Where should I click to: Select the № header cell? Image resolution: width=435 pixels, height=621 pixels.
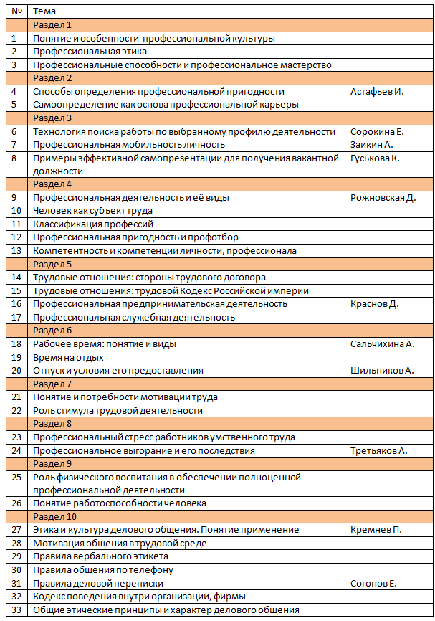15,11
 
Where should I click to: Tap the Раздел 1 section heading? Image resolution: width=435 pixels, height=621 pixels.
52,25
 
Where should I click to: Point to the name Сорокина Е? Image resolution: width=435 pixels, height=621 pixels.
377,131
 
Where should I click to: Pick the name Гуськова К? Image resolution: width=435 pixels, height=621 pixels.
375,158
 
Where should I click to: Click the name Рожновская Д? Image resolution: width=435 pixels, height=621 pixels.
383,198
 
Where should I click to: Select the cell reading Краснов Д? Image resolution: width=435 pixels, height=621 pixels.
374,304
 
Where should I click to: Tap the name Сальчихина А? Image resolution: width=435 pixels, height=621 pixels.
382,344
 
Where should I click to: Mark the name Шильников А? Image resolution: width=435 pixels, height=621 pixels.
382,371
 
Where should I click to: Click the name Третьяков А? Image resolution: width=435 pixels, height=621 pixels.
378,450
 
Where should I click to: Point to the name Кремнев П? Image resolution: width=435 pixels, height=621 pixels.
376,530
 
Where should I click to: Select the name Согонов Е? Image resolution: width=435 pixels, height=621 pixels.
373,583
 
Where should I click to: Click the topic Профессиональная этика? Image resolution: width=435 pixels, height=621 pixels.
90,52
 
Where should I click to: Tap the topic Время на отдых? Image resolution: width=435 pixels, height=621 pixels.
69,357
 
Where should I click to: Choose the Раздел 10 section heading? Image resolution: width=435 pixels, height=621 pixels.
54,516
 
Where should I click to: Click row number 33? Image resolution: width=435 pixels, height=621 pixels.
15,610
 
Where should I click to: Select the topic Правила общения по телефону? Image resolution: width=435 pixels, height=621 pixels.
103,570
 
